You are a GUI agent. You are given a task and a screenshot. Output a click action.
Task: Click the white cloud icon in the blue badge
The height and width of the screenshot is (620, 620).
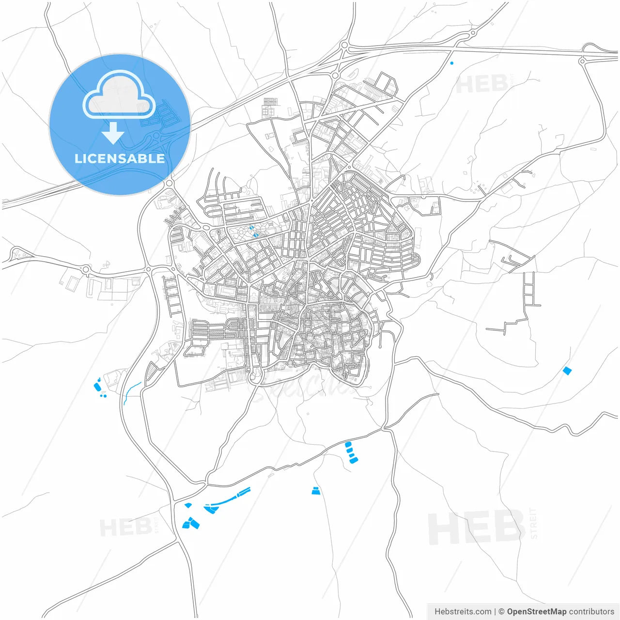tap(119, 95)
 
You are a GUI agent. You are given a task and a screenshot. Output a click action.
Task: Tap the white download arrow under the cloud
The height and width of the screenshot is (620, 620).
tap(113, 133)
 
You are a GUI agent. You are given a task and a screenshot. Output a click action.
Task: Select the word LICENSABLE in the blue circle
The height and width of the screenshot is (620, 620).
tap(120, 158)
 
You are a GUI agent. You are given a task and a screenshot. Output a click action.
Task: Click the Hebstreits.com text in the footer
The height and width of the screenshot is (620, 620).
tap(463, 611)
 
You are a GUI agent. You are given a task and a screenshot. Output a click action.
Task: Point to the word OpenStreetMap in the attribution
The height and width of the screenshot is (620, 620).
tap(536, 611)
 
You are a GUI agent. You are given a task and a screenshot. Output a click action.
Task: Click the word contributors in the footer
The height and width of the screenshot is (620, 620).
tap(591, 611)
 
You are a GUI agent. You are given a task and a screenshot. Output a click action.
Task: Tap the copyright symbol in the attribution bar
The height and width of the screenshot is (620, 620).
tap(501, 611)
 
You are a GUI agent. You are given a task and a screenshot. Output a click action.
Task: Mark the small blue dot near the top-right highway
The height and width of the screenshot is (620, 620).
tap(452, 63)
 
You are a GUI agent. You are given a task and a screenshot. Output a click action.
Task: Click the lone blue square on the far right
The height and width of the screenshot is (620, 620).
tap(567, 371)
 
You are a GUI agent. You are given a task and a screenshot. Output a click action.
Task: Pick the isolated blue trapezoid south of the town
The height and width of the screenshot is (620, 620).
tap(316, 491)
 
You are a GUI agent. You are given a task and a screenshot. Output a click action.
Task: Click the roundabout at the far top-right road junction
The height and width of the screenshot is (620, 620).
tap(582, 61)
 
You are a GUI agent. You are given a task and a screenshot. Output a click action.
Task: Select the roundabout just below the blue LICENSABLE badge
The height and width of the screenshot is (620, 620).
tap(169, 183)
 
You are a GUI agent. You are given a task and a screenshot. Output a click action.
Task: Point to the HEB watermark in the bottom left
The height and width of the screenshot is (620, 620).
tap(125, 527)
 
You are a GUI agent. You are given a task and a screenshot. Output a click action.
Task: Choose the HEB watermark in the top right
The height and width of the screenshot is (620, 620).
tap(481, 85)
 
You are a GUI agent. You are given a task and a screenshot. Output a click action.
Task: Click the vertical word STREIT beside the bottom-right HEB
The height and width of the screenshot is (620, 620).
tap(533, 523)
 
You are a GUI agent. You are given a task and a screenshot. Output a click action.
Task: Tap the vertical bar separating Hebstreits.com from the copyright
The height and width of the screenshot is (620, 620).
tap(495, 611)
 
